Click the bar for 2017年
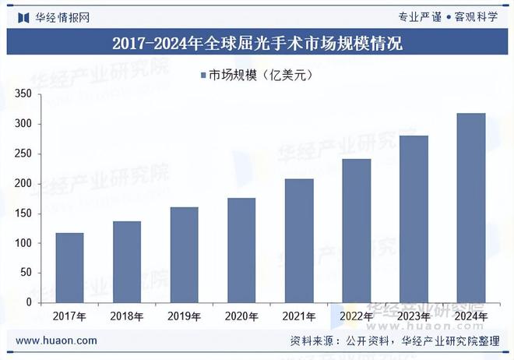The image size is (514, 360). coord(69,267)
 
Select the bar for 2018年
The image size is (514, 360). coord(127,262)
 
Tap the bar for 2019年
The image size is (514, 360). coord(184,254)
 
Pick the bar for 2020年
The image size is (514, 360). coord(241,250)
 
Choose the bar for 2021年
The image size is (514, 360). coord(299,240)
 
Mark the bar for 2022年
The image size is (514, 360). coord(357,231)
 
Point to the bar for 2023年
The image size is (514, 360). coord(414,219)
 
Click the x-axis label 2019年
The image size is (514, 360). coord(184,316)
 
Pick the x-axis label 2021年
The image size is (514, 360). coord(299,316)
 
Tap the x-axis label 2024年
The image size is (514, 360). coord(471,316)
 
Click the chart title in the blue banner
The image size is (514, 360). coord(257,43)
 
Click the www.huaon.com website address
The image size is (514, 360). coord(56,341)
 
